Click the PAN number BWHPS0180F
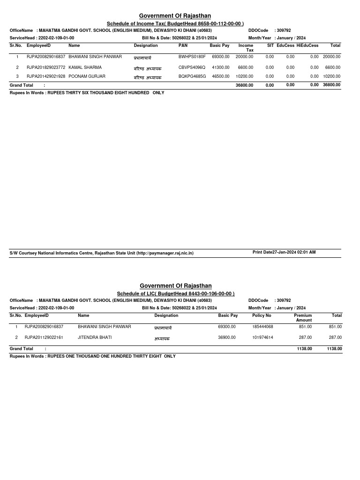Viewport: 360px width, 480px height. point(192,57)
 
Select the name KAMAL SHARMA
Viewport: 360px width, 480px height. point(85,67)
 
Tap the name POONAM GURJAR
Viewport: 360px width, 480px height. point(87,76)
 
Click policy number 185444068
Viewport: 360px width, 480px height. point(262,327)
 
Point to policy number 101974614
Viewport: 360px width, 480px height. point(262,337)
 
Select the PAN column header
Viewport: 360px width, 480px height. point(183,45)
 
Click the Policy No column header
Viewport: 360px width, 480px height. point(262,315)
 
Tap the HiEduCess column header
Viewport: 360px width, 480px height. point(307,45)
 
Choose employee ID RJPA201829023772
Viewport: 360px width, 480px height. point(46,67)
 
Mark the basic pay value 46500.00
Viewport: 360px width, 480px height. point(221,76)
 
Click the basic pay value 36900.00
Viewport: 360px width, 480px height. point(227,337)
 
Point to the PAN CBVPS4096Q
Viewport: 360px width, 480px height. point(192,67)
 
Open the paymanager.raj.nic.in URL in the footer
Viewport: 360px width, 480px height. point(165,253)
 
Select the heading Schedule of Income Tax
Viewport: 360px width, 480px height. point(175,23)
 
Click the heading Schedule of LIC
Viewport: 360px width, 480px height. point(175,293)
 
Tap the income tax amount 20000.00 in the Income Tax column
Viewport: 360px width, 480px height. point(244,57)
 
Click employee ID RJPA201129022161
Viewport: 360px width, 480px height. point(44,337)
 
